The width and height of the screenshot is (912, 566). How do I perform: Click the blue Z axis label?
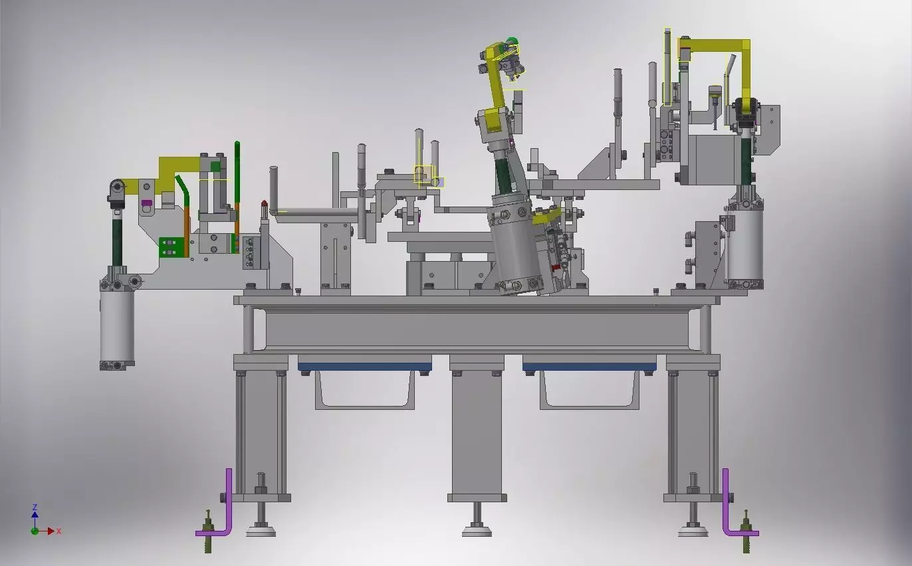35,507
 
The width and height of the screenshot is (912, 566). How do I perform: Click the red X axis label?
58,531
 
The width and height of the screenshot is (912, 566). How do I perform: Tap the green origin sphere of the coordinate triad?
35,531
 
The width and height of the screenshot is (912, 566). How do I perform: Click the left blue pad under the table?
364,367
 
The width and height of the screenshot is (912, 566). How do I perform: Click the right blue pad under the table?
589,367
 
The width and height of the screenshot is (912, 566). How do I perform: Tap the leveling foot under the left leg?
261,529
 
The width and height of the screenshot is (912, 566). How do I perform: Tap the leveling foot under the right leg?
693,529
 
